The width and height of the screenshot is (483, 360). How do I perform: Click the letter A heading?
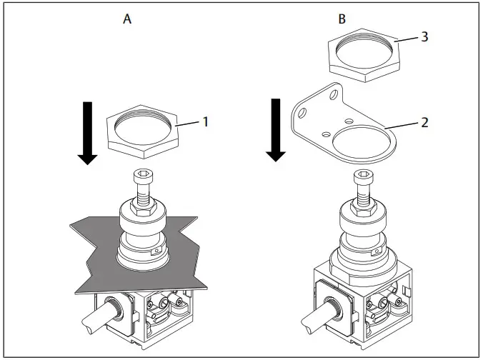click(x=127, y=20)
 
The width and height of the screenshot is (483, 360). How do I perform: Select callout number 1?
click(x=205, y=121)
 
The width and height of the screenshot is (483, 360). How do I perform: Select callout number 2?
click(x=424, y=122)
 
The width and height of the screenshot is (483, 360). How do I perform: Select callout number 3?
click(x=424, y=36)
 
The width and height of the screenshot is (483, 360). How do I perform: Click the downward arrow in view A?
click(x=87, y=133)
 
